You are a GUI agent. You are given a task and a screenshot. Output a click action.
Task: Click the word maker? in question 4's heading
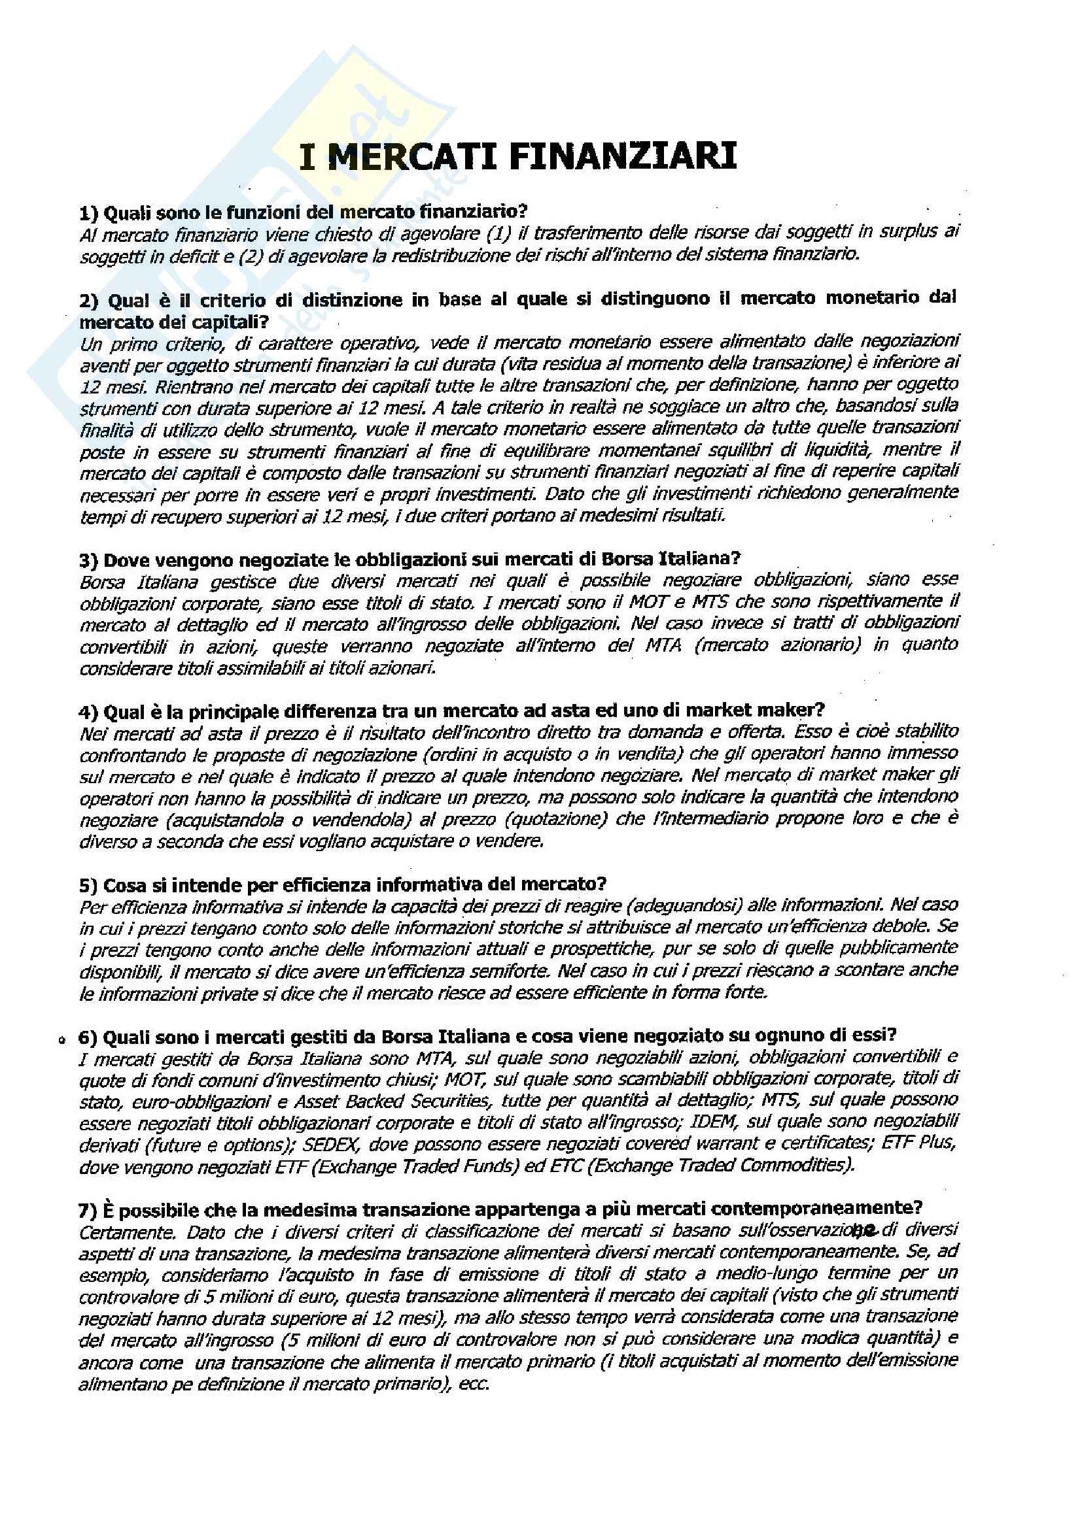coord(797,711)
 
